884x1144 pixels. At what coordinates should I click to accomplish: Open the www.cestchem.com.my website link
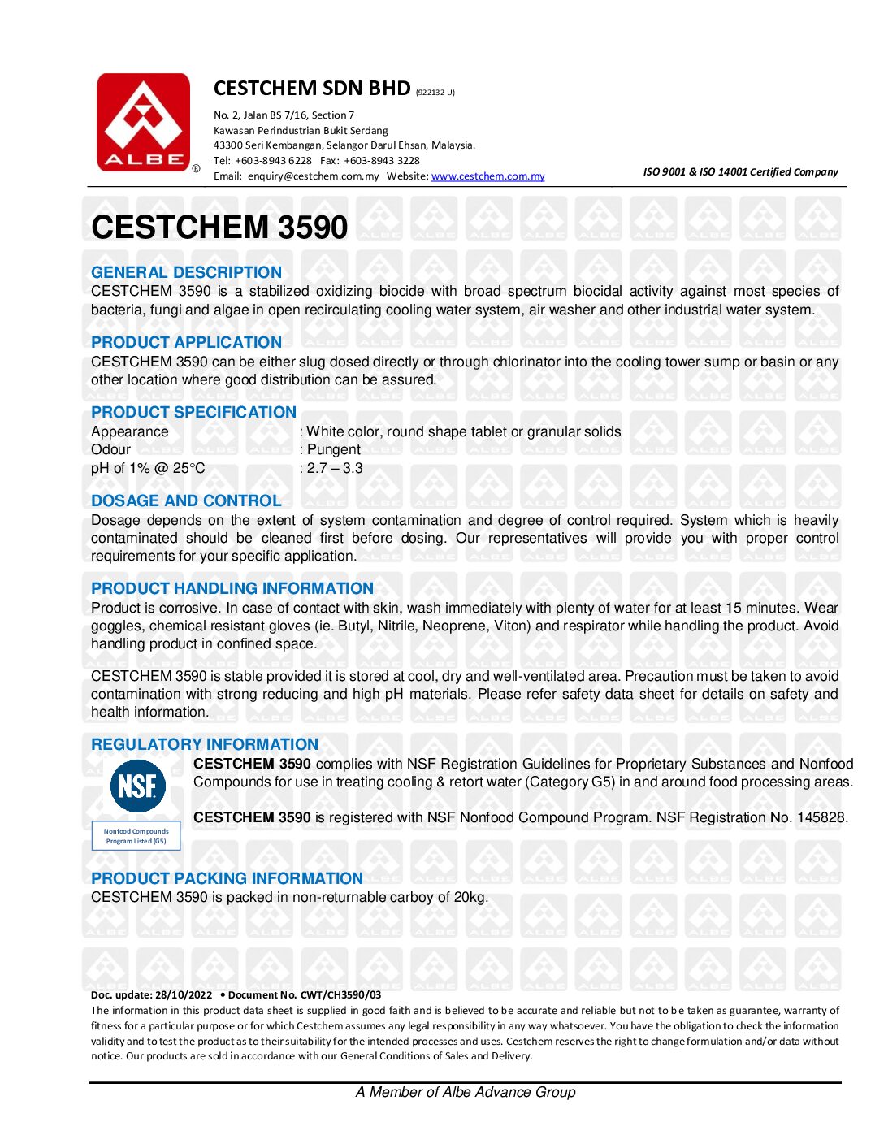point(487,176)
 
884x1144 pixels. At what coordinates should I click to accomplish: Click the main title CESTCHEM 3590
point(219,227)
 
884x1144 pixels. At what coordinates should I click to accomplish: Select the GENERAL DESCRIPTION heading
point(186,272)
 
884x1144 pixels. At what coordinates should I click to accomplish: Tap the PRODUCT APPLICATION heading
point(186,342)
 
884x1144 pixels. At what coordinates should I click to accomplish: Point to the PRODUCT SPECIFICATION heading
point(193,412)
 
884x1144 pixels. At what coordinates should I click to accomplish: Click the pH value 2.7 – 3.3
point(335,468)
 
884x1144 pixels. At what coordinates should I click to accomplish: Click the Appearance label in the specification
point(130,431)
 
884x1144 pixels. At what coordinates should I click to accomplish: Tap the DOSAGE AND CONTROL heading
point(186,500)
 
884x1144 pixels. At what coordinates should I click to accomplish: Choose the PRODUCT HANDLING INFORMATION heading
point(232,588)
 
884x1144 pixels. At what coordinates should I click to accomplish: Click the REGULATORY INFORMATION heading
point(205,744)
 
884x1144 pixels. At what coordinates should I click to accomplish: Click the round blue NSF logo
point(137,786)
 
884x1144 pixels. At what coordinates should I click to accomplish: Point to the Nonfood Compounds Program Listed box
point(136,836)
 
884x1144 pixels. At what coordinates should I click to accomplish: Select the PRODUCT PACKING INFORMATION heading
point(227,878)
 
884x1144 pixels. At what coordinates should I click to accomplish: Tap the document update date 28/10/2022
point(184,994)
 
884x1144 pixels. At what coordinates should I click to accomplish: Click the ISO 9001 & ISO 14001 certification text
point(740,171)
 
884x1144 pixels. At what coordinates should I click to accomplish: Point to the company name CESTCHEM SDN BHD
point(312,88)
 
